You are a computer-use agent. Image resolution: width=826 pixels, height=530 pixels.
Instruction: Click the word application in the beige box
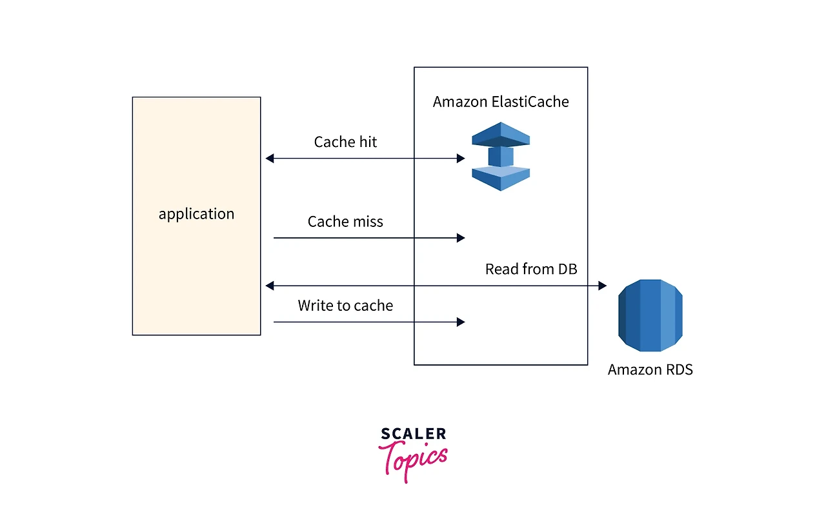pos(196,214)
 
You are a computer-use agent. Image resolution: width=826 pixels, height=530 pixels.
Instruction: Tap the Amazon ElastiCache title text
pos(501,102)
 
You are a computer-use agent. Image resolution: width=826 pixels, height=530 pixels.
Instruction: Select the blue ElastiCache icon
pos(501,156)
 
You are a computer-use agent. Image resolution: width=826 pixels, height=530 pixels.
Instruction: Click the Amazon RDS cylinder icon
pos(650,315)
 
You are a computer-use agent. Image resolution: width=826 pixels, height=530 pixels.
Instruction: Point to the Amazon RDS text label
pos(650,369)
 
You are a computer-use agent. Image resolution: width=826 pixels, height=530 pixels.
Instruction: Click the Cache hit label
pos(345,142)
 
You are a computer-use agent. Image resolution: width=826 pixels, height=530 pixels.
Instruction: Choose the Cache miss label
pos(345,222)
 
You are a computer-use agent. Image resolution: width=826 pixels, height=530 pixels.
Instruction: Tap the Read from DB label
pos(531,269)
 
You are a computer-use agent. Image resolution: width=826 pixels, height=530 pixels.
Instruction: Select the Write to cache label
pos(345,306)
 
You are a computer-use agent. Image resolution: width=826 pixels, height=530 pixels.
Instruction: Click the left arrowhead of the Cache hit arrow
pos(269,159)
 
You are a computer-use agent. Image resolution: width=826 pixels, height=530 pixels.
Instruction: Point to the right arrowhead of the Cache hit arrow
pos(461,159)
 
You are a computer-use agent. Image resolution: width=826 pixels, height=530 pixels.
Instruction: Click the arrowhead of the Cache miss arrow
pos(461,238)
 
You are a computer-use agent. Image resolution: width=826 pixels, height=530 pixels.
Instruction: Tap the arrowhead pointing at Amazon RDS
pos(603,286)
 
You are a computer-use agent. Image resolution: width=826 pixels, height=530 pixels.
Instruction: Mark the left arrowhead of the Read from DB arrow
pos(269,286)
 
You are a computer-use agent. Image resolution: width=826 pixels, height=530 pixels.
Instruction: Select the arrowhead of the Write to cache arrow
pos(461,322)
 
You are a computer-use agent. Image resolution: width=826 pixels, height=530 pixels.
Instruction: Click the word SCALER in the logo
pos(414,434)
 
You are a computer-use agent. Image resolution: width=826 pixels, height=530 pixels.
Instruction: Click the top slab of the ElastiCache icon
pos(501,135)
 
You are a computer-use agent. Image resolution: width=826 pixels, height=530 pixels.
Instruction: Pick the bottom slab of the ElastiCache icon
pos(501,179)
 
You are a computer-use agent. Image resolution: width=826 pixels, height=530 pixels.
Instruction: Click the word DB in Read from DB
pos(568,269)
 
